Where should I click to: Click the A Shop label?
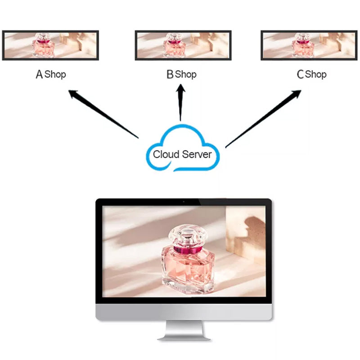click(51, 74)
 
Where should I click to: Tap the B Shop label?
click(181, 74)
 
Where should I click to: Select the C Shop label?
click(311, 74)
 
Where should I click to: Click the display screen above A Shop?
click(50, 45)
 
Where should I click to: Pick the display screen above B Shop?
click(183, 45)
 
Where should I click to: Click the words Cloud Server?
click(182, 154)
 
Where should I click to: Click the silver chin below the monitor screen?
click(184, 311)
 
